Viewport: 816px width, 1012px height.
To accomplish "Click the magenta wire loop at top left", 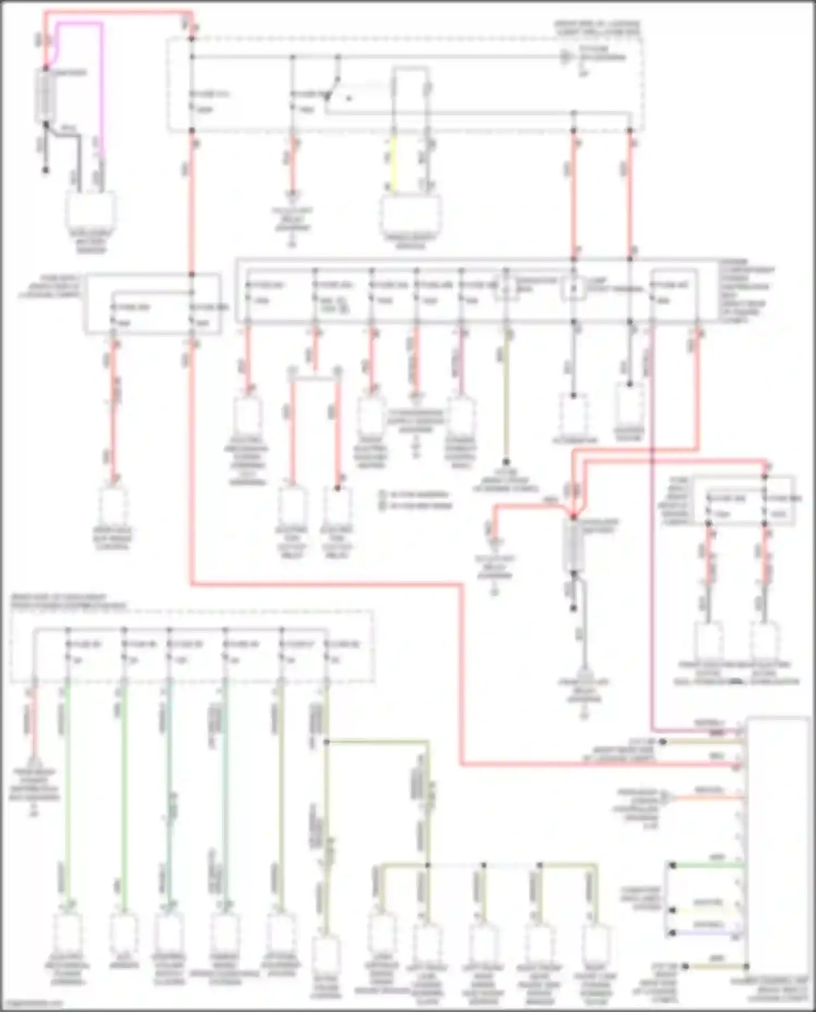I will click(101, 82).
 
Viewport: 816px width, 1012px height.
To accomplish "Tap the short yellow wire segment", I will click(393, 163).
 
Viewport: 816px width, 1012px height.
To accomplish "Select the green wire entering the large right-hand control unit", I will click(707, 865).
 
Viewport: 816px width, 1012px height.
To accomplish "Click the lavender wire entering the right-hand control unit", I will click(707, 933).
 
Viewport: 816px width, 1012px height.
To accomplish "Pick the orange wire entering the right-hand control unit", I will click(707, 798).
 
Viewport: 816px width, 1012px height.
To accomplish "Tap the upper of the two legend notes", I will click(416, 495).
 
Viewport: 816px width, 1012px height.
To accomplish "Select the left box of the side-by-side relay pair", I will click(292, 506).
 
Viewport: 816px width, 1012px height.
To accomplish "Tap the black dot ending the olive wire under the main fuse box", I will click(506, 462).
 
